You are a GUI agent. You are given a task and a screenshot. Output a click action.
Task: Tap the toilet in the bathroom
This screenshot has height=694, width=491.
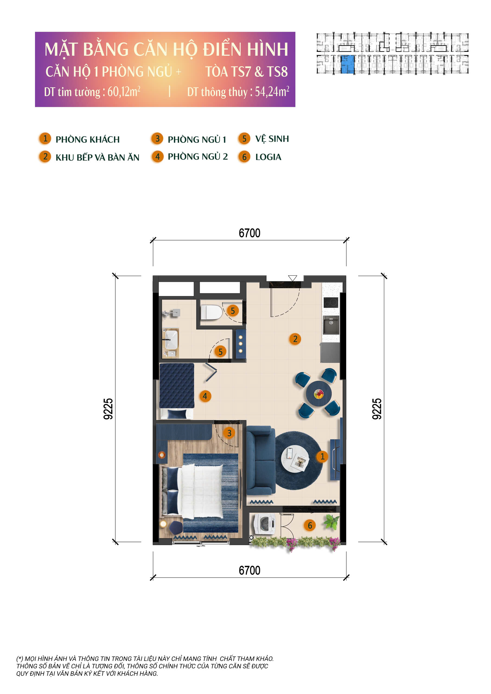[212, 312]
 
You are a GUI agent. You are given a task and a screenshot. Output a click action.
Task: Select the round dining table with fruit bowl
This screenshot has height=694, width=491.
[318, 394]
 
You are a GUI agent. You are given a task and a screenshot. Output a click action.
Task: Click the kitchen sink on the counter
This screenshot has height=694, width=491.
[331, 325]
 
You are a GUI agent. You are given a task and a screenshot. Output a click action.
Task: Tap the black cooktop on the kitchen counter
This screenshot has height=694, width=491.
[331, 303]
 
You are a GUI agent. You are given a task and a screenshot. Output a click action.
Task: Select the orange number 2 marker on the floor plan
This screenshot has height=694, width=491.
[295, 339]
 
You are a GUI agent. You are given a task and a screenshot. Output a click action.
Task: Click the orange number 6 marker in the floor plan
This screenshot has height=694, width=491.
[310, 525]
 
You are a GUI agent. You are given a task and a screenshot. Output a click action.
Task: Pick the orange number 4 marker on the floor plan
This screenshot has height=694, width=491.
[205, 396]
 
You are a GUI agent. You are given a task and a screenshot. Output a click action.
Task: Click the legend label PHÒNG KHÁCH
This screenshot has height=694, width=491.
[87, 139]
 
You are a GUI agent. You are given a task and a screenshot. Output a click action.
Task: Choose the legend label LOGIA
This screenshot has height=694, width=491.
[268, 157]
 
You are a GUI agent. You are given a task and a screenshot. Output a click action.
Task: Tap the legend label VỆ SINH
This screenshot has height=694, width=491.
[272, 139]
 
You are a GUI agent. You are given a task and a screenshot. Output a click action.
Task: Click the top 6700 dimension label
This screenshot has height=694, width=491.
[249, 233]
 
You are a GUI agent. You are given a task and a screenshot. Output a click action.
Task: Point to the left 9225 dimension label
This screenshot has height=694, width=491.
[108, 409]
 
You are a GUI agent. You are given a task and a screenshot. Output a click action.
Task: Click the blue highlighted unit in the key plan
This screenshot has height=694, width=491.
[347, 64]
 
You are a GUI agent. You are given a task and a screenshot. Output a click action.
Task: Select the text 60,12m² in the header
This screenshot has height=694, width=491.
[124, 92]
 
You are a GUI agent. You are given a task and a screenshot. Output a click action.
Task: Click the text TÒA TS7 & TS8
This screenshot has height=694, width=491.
[247, 72]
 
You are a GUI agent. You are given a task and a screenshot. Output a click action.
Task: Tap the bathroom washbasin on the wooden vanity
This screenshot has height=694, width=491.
[171, 340]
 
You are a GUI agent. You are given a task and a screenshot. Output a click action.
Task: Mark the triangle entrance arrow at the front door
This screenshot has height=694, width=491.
[292, 278]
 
